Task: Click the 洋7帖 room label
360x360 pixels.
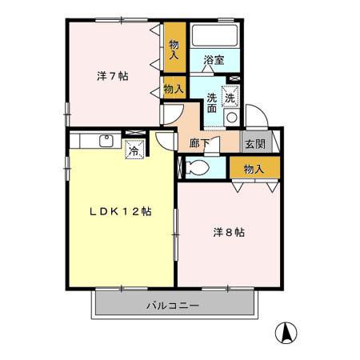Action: click(113, 77)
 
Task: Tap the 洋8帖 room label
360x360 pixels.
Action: click(228, 232)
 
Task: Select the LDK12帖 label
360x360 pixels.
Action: click(121, 212)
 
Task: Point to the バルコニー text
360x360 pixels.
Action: click(173, 306)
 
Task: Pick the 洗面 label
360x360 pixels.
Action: click(212, 103)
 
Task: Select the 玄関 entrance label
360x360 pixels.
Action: click(255, 144)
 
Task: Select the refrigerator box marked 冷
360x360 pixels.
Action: click(133, 149)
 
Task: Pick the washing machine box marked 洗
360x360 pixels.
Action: click(230, 95)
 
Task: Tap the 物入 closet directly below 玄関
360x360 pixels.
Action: click(254, 169)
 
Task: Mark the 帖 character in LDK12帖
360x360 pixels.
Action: click(146, 212)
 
